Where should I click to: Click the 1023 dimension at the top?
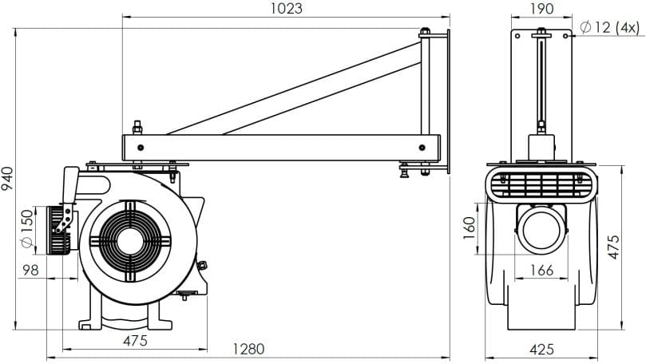tap(286, 9)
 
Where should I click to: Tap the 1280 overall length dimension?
tap(248, 349)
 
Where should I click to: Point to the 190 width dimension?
tap(541, 9)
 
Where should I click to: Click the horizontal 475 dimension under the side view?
tap(135, 341)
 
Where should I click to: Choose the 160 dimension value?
tap(470, 227)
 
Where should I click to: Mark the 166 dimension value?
tap(541, 271)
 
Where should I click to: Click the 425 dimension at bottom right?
tap(541, 349)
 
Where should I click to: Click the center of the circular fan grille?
tap(129, 239)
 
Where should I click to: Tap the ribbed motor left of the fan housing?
tap(57, 231)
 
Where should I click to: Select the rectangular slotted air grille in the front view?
tap(541, 185)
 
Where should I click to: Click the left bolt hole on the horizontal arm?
tap(141, 148)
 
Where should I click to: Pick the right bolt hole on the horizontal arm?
tap(422, 148)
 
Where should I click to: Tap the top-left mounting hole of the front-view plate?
tap(518, 36)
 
